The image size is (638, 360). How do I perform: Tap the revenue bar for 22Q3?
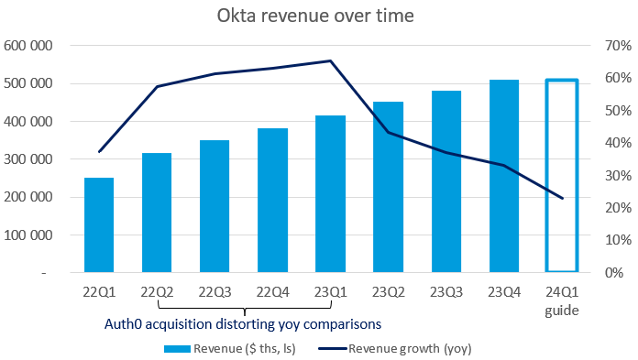click(x=214, y=206)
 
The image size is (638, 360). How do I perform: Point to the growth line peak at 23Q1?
click(x=330, y=61)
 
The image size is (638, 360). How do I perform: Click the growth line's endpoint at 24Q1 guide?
click(x=562, y=198)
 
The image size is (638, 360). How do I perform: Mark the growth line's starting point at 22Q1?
click(x=99, y=151)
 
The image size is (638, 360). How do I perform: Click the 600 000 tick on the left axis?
click(x=27, y=46)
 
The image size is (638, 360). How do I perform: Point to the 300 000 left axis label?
click(x=27, y=159)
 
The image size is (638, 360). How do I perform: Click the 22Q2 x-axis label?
click(x=157, y=292)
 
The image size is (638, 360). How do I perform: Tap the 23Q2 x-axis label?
click(x=388, y=292)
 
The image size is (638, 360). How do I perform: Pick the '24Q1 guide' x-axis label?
click(x=561, y=300)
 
